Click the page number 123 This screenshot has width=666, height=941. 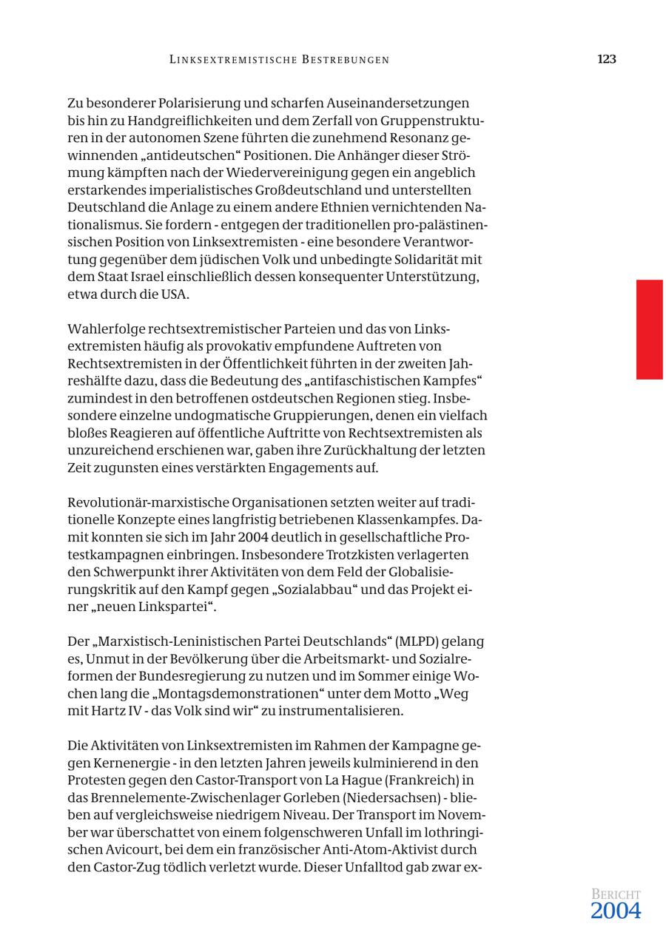[x=606, y=59]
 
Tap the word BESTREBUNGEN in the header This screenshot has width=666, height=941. [x=346, y=60]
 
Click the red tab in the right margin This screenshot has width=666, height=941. [x=649, y=329]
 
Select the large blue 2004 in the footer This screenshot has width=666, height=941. [x=615, y=911]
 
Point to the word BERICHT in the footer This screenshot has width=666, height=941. [x=616, y=894]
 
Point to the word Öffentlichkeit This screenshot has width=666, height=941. [x=275, y=363]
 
